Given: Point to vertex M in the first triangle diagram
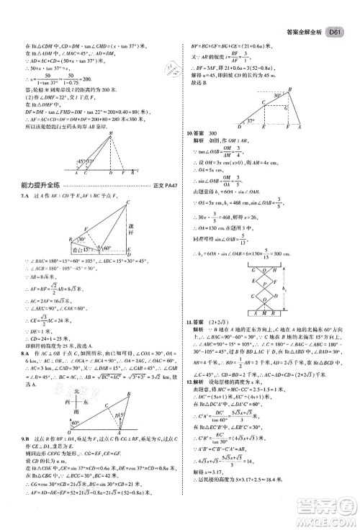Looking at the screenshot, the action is (x=110, y=135).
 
